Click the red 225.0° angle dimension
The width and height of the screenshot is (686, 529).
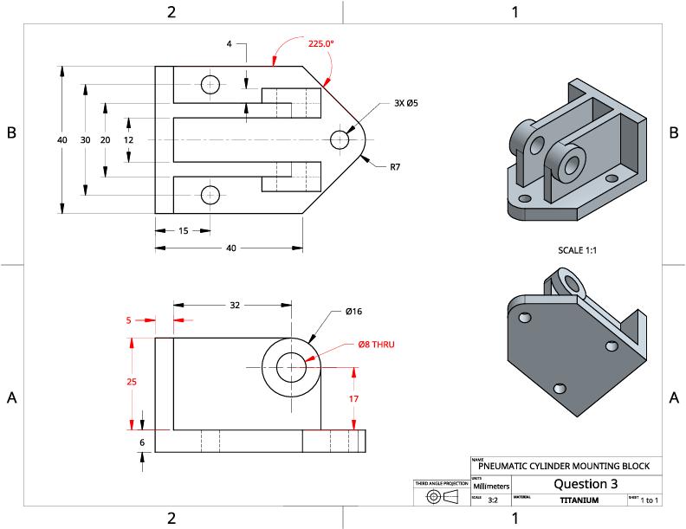tap(320, 42)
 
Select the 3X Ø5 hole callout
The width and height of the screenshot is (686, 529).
tap(406, 103)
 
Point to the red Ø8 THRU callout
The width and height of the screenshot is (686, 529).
tap(376, 344)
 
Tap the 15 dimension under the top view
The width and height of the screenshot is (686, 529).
tap(184, 230)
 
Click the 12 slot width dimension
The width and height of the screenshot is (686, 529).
tap(129, 139)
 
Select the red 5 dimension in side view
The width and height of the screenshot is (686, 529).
tap(129, 319)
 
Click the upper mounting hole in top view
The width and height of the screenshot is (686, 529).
tap(210, 84)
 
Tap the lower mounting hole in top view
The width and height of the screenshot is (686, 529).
tap(210, 195)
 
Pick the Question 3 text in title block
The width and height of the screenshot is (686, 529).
tap(586, 483)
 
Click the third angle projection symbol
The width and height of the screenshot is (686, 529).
tap(441, 497)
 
